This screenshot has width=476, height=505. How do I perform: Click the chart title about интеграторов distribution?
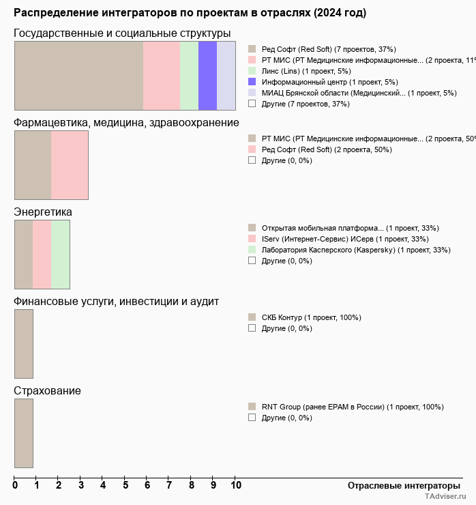pyautogui.click(x=190, y=13)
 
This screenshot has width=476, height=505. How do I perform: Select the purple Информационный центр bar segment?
pyautogui.click(x=207, y=75)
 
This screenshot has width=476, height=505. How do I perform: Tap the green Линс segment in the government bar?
pyautogui.click(x=189, y=75)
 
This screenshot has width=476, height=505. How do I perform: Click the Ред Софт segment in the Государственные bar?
pyautogui.click(x=78, y=75)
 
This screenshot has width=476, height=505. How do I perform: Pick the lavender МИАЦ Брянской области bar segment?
pyautogui.click(x=226, y=75)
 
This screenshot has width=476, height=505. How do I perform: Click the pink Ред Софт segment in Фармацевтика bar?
pyautogui.click(x=70, y=164)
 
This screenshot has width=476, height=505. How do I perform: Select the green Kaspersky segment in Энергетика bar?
pyautogui.click(x=60, y=255)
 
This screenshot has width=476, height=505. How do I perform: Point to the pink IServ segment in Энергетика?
pyautogui.click(x=42, y=255)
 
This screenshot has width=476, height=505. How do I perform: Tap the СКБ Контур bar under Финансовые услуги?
pyautogui.click(x=24, y=343)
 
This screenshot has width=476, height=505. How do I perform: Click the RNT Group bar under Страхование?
pyautogui.click(x=24, y=433)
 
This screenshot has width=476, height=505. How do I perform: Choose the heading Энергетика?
pyautogui.click(x=43, y=212)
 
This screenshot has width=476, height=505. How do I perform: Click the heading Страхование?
pyautogui.click(x=48, y=391)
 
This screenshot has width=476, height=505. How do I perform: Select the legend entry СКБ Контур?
pyautogui.click(x=311, y=317)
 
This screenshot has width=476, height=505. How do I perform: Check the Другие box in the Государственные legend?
pyautogui.click(x=252, y=104)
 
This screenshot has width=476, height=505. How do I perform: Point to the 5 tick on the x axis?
pyautogui.click(x=125, y=485)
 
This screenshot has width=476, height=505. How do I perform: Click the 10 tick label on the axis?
pyautogui.click(x=235, y=485)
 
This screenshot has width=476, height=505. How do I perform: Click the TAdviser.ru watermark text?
pyautogui.click(x=446, y=497)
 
